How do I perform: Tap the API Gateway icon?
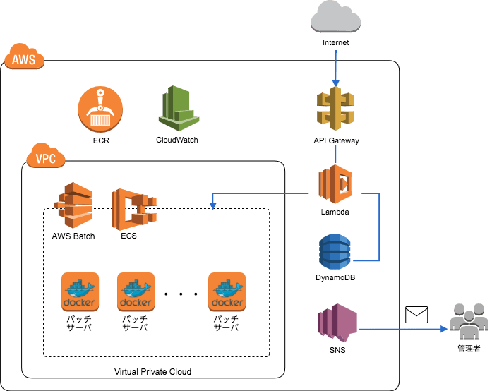click(335, 107)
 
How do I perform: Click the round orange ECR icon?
click(100, 110)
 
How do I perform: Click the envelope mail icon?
click(416, 315)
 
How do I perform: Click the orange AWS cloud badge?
click(25, 61)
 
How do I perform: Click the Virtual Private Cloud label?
click(152, 371)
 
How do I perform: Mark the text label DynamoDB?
click(335, 278)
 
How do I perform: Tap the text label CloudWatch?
click(177, 140)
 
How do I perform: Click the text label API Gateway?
click(336, 140)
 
